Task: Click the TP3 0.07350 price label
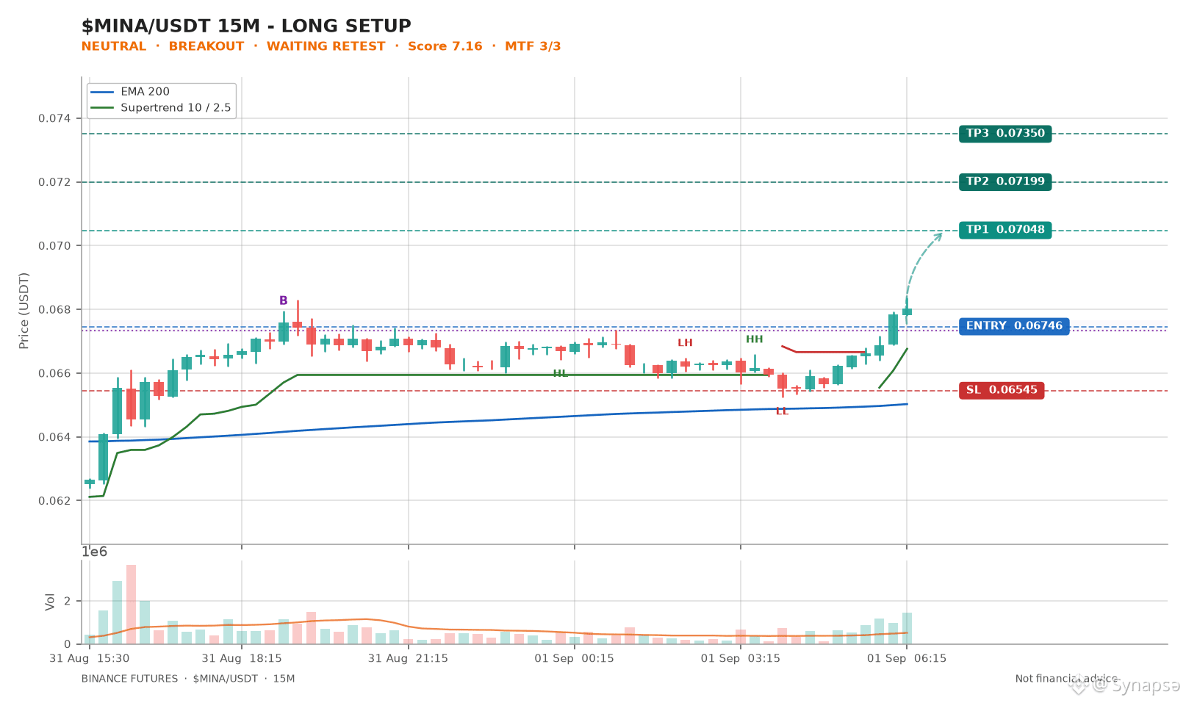click(1005, 134)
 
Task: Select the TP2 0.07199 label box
click(1005, 181)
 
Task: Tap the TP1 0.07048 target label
click(1005, 230)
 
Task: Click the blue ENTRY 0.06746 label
click(1014, 326)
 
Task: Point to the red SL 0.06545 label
click(1002, 390)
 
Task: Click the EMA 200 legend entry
click(130, 92)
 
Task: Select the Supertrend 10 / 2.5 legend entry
click(160, 107)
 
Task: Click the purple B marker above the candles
click(283, 300)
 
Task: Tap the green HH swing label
click(755, 339)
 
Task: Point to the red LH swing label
click(685, 342)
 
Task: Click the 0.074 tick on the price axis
click(55, 118)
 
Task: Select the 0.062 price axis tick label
click(55, 501)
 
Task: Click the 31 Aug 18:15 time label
click(242, 658)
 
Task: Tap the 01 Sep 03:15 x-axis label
click(740, 658)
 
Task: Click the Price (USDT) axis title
click(24, 311)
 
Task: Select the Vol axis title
click(50, 602)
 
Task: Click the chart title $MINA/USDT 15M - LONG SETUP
click(246, 26)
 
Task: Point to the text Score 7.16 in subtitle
click(445, 46)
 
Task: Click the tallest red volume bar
click(132, 605)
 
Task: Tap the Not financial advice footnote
click(1066, 679)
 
